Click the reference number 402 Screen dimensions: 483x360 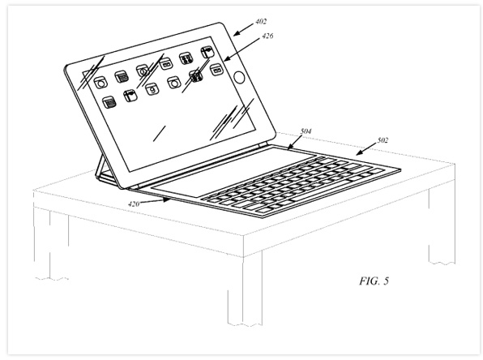coord(261,22)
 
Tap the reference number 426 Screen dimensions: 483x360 coord(267,36)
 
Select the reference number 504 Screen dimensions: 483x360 coord(306,131)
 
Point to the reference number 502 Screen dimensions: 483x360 coord(383,140)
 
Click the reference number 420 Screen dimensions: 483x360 coord(134,204)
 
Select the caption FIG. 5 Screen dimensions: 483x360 coord(374,281)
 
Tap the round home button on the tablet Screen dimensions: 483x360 coord(239,77)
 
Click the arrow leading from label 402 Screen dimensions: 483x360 coord(243,29)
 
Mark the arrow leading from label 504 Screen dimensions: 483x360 coord(295,142)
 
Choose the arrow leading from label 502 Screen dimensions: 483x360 coord(366,149)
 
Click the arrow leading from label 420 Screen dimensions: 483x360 coord(155,201)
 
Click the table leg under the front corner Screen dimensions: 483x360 coord(245,289)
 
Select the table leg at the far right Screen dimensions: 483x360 coord(442,225)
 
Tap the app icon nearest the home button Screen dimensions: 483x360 coord(216,70)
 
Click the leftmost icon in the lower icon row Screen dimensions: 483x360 coord(109,103)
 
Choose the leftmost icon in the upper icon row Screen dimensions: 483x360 coord(100,83)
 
